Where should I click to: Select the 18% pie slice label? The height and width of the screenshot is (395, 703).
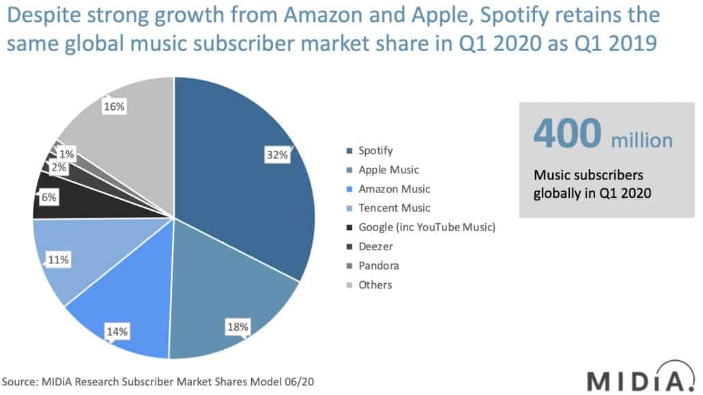tap(237, 327)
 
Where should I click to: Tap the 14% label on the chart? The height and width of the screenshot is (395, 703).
tap(117, 332)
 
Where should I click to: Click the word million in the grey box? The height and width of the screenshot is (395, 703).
tap(642, 141)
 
